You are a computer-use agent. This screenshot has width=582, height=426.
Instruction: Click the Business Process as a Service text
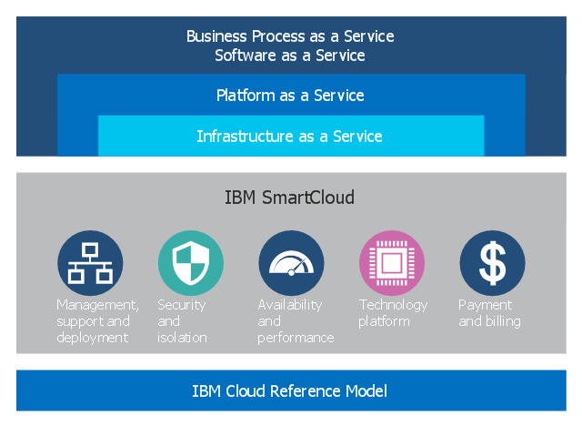[290, 36]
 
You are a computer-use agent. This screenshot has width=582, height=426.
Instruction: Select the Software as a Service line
[290, 56]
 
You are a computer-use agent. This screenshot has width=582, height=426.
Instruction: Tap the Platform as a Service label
[290, 96]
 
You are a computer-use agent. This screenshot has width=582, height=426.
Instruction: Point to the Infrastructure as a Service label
[290, 137]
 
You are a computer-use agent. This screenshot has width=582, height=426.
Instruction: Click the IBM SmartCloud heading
[290, 198]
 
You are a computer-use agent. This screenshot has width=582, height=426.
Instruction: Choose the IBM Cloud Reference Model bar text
[290, 391]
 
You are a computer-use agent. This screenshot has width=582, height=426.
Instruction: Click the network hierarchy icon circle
[90, 263]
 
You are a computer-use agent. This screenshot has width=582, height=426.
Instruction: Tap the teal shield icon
[191, 263]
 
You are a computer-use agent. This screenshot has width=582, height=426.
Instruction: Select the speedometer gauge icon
[291, 263]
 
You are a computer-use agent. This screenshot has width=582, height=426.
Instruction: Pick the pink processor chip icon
[392, 263]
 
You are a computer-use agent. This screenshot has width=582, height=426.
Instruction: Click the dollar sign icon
[492, 263]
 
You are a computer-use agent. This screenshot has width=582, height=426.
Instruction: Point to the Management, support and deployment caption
[96, 321]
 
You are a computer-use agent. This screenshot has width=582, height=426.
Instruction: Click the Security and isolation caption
[182, 321]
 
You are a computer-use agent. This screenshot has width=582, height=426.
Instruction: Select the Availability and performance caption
[295, 321]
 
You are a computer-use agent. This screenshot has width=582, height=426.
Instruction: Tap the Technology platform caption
[393, 313]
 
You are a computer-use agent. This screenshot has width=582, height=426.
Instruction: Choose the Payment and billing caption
[489, 313]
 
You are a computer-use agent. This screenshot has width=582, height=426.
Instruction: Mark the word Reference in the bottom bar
[299, 391]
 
